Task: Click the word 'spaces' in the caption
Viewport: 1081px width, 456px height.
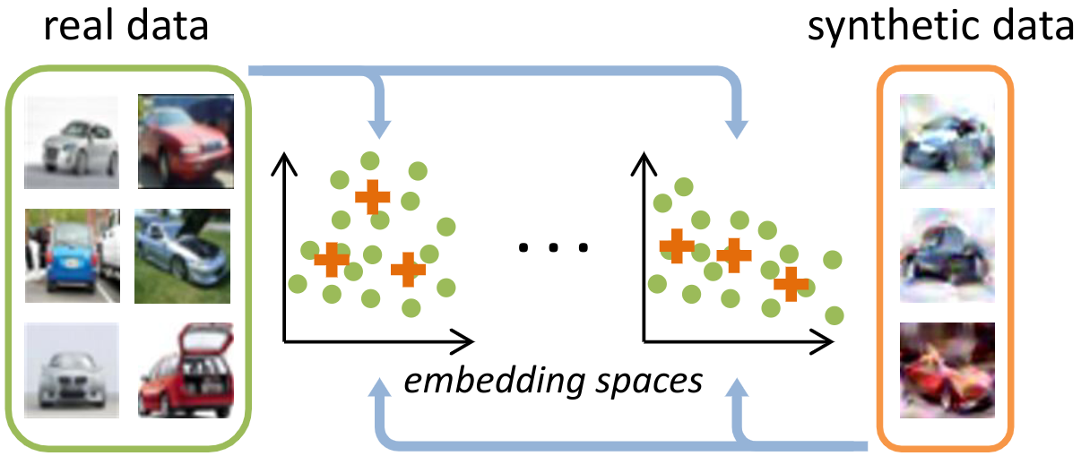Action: pos(652,383)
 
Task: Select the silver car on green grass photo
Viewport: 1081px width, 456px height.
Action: pos(183,255)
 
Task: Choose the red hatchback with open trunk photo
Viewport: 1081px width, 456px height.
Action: pos(185,370)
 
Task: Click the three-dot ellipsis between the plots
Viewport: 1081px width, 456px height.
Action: pos(553,246)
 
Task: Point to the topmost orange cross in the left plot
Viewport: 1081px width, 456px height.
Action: pos(372,195)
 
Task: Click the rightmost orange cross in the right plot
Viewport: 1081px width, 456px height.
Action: pos(791,283)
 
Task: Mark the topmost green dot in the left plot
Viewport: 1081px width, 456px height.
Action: pos(368,161)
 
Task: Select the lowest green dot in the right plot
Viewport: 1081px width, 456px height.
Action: pos(835,315)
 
